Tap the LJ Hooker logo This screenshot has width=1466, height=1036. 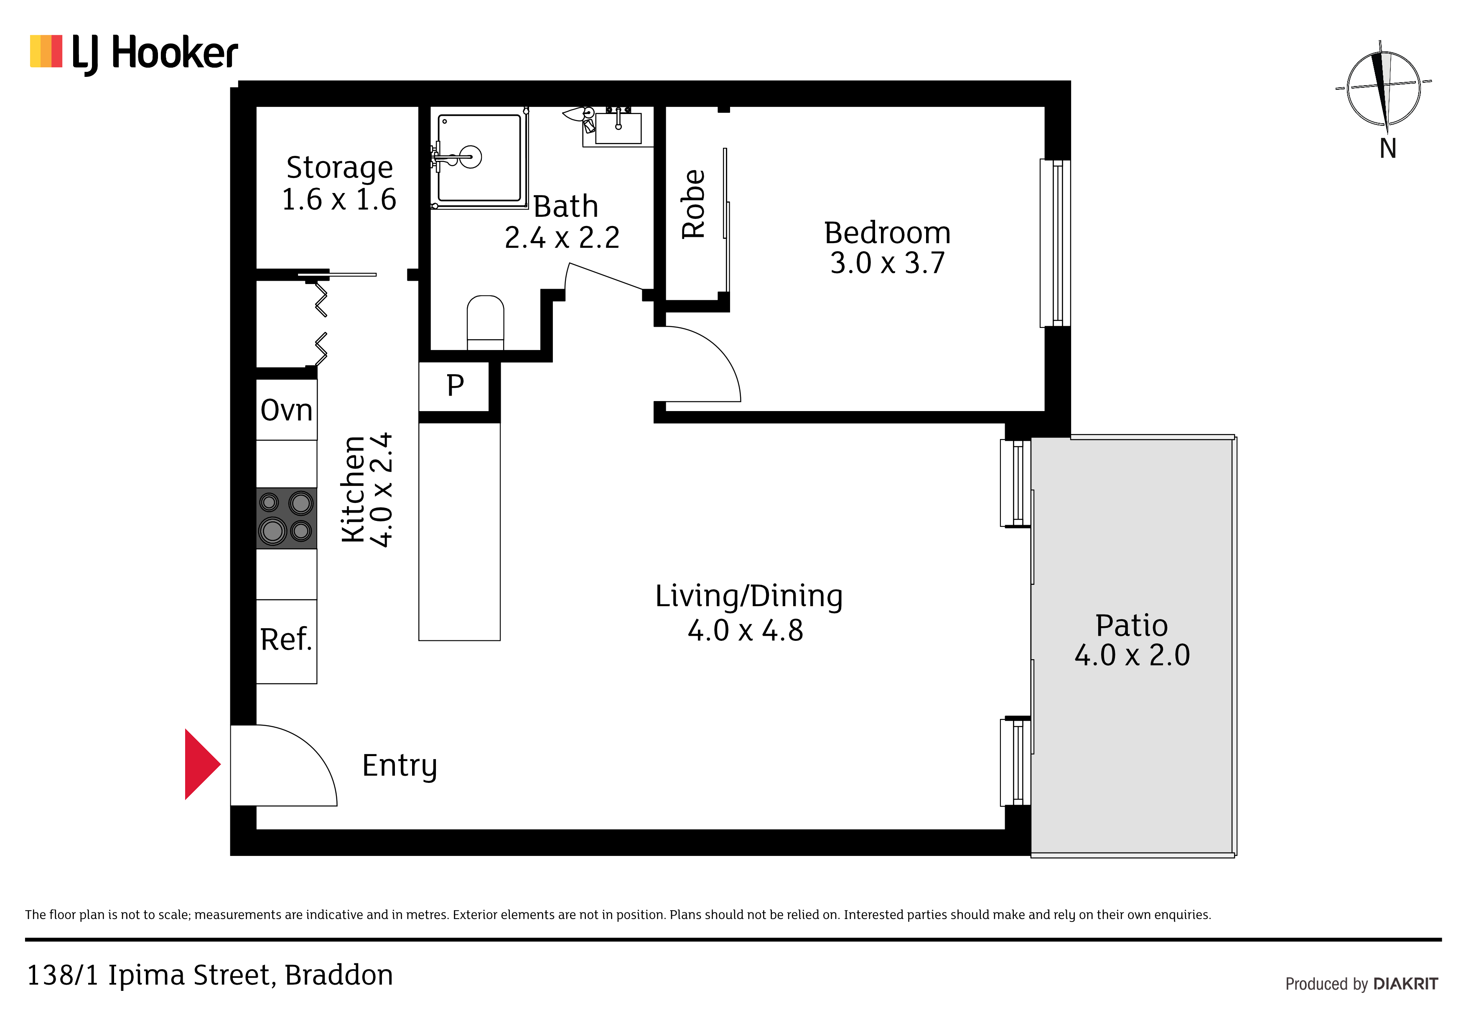tap(134, 53)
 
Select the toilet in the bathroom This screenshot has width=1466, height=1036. tap(485, 322)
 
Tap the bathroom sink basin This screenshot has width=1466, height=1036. tap(618, 128)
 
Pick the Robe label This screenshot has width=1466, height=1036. tap(693, 204)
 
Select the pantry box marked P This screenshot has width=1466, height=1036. tap(455, 386)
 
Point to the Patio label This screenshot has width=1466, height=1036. tap(1131, 625)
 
